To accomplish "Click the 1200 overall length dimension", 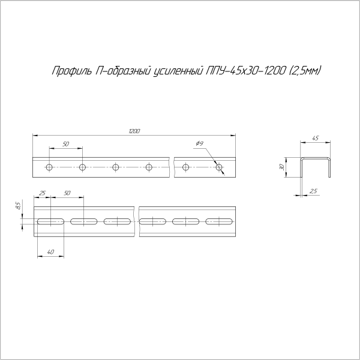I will (134, 131).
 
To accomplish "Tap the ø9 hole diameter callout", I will (200, 143).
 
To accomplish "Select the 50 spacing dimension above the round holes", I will (65, 145).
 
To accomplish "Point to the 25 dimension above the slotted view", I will (42, 193).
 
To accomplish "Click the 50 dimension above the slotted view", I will (67, 193).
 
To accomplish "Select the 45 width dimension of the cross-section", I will (316, 139).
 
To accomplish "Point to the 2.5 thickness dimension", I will (314, 191).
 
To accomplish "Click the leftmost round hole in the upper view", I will (50, 166).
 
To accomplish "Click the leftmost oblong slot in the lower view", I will (51, 222).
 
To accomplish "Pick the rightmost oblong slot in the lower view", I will (218, 222).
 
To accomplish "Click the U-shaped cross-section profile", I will (316, 166).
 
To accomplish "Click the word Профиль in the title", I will (72, 71).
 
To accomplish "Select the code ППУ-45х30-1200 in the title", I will (246, 71).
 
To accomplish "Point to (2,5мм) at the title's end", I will (305, 71).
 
